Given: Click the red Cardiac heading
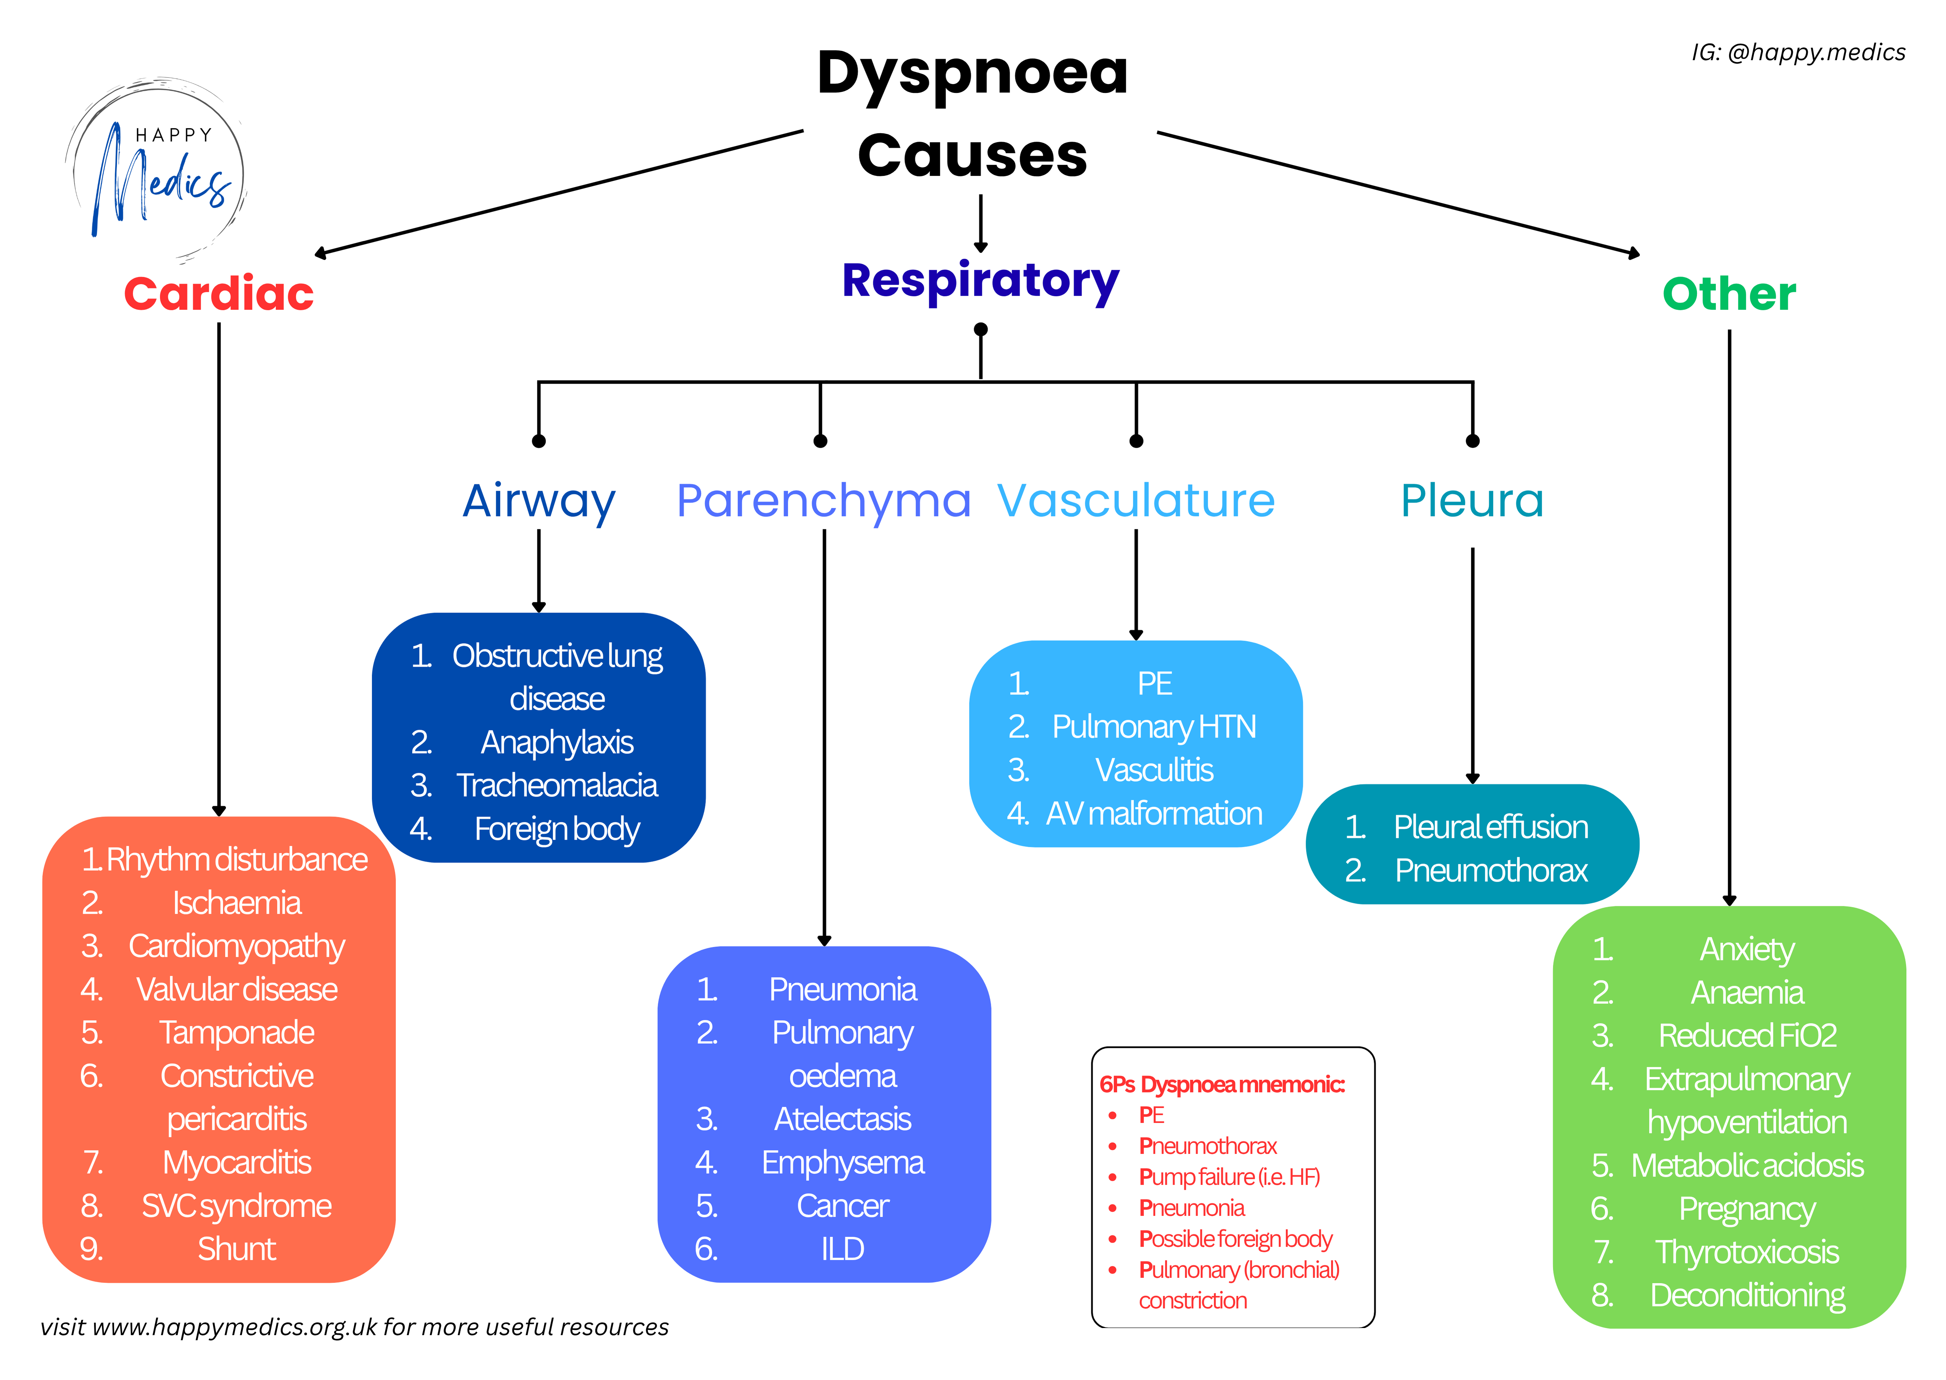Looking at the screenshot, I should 218,294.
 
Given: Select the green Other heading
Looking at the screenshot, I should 1728,294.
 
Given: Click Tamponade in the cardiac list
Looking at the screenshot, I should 236,1032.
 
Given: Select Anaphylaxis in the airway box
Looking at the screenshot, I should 557,742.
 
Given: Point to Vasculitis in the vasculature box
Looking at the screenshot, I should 1154,770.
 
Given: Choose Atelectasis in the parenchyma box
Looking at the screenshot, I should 842,1119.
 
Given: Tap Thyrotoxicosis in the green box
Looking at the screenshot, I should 1746,1252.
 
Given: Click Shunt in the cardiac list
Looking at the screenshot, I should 236,1249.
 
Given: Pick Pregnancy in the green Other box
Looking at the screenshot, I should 1746,1208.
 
